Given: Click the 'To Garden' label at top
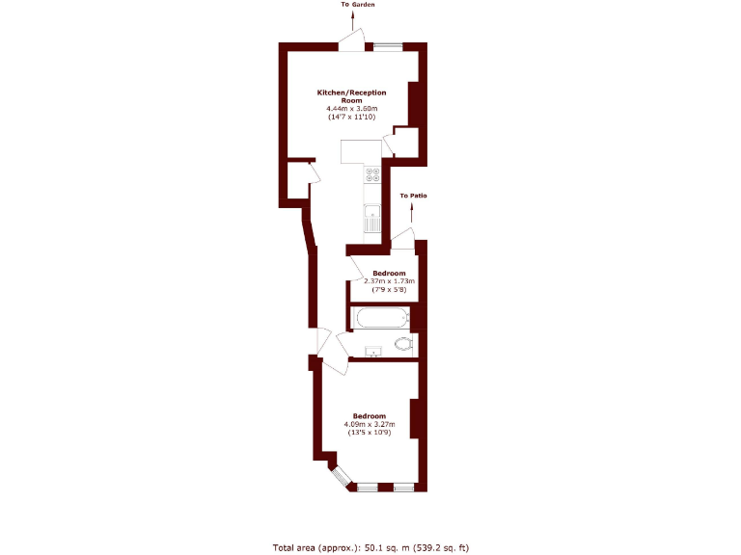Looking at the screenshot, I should tap(357, 5).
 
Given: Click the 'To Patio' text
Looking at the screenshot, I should tap(413, 196).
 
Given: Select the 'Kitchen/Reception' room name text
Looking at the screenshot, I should tap(352, 92).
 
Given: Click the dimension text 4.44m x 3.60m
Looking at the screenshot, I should tap(352, 109).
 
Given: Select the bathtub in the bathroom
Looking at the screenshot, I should tap(380, 317).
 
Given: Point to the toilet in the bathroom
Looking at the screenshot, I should tap(404, 344).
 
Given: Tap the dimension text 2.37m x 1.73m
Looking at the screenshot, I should tap(389, 281).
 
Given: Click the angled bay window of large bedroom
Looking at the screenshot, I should tap(339, 476).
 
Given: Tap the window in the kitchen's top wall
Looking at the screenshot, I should tap(388, 45).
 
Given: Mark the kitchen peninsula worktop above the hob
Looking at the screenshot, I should tap(362, 151).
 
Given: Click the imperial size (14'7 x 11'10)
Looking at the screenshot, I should tap(352, 118).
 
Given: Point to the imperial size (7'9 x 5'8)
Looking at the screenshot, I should tap(389, 289).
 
